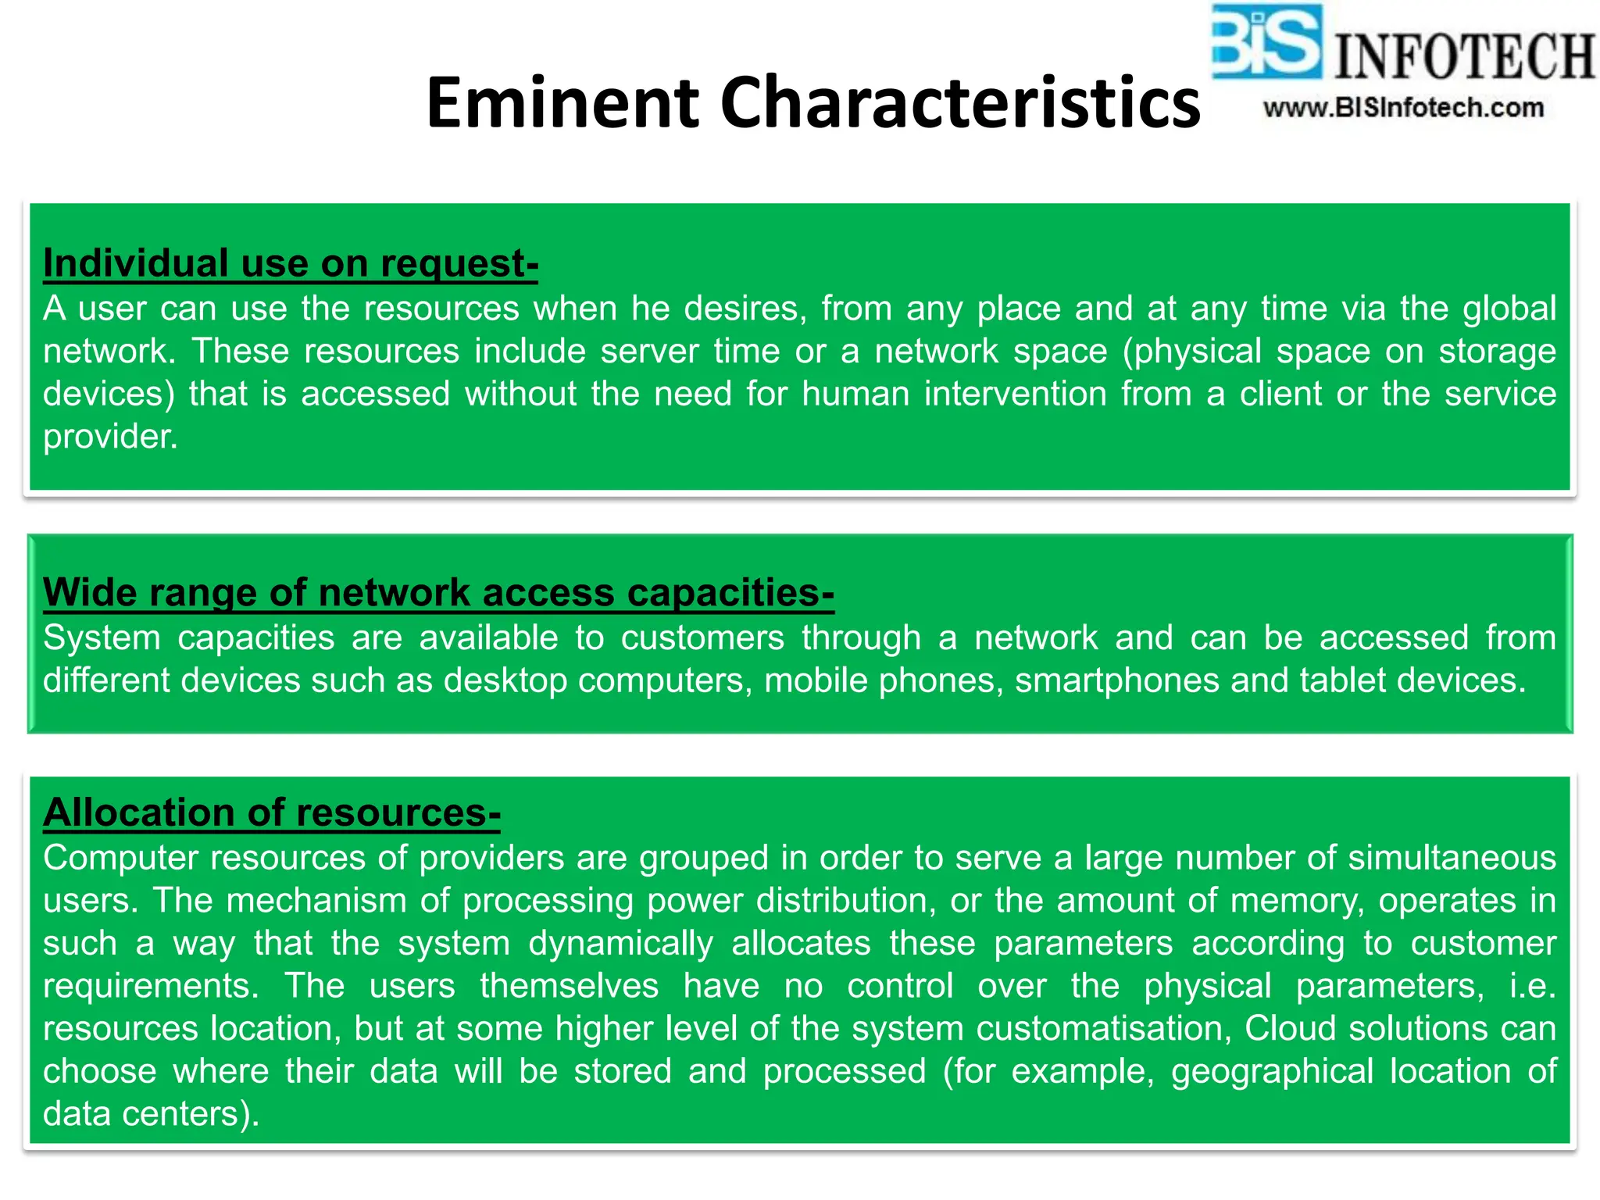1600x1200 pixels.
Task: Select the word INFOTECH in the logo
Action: (x=1464, y=56)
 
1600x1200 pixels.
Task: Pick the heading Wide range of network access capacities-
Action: (x=438, y=592)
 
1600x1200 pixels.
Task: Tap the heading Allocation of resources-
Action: (x=272, y=812)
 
